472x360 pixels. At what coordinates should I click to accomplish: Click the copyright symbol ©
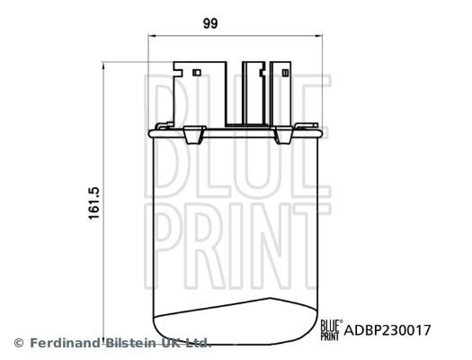pos(18,343)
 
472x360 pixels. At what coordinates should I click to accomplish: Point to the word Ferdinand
pos(66,343)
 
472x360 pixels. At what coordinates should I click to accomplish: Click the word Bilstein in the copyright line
pos(136,343)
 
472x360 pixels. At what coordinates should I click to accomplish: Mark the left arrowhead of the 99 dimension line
pos(150,37)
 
